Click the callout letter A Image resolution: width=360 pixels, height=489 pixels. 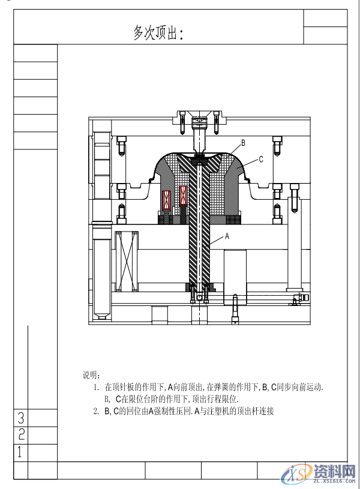point(227,236)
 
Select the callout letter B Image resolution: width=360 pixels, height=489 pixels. point(243,143)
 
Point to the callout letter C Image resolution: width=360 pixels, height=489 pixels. point(261,159)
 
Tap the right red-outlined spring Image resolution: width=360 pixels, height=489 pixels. point(184,196)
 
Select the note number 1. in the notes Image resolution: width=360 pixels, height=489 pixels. point(96,387)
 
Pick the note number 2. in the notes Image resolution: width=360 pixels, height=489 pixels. point(96,411)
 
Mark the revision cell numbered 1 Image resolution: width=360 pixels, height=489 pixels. point(21,452)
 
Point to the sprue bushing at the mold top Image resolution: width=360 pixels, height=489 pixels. point(199,122)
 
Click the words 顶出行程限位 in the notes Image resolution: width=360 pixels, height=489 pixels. point(215,399)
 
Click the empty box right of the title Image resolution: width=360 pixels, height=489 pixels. point(325,35)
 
